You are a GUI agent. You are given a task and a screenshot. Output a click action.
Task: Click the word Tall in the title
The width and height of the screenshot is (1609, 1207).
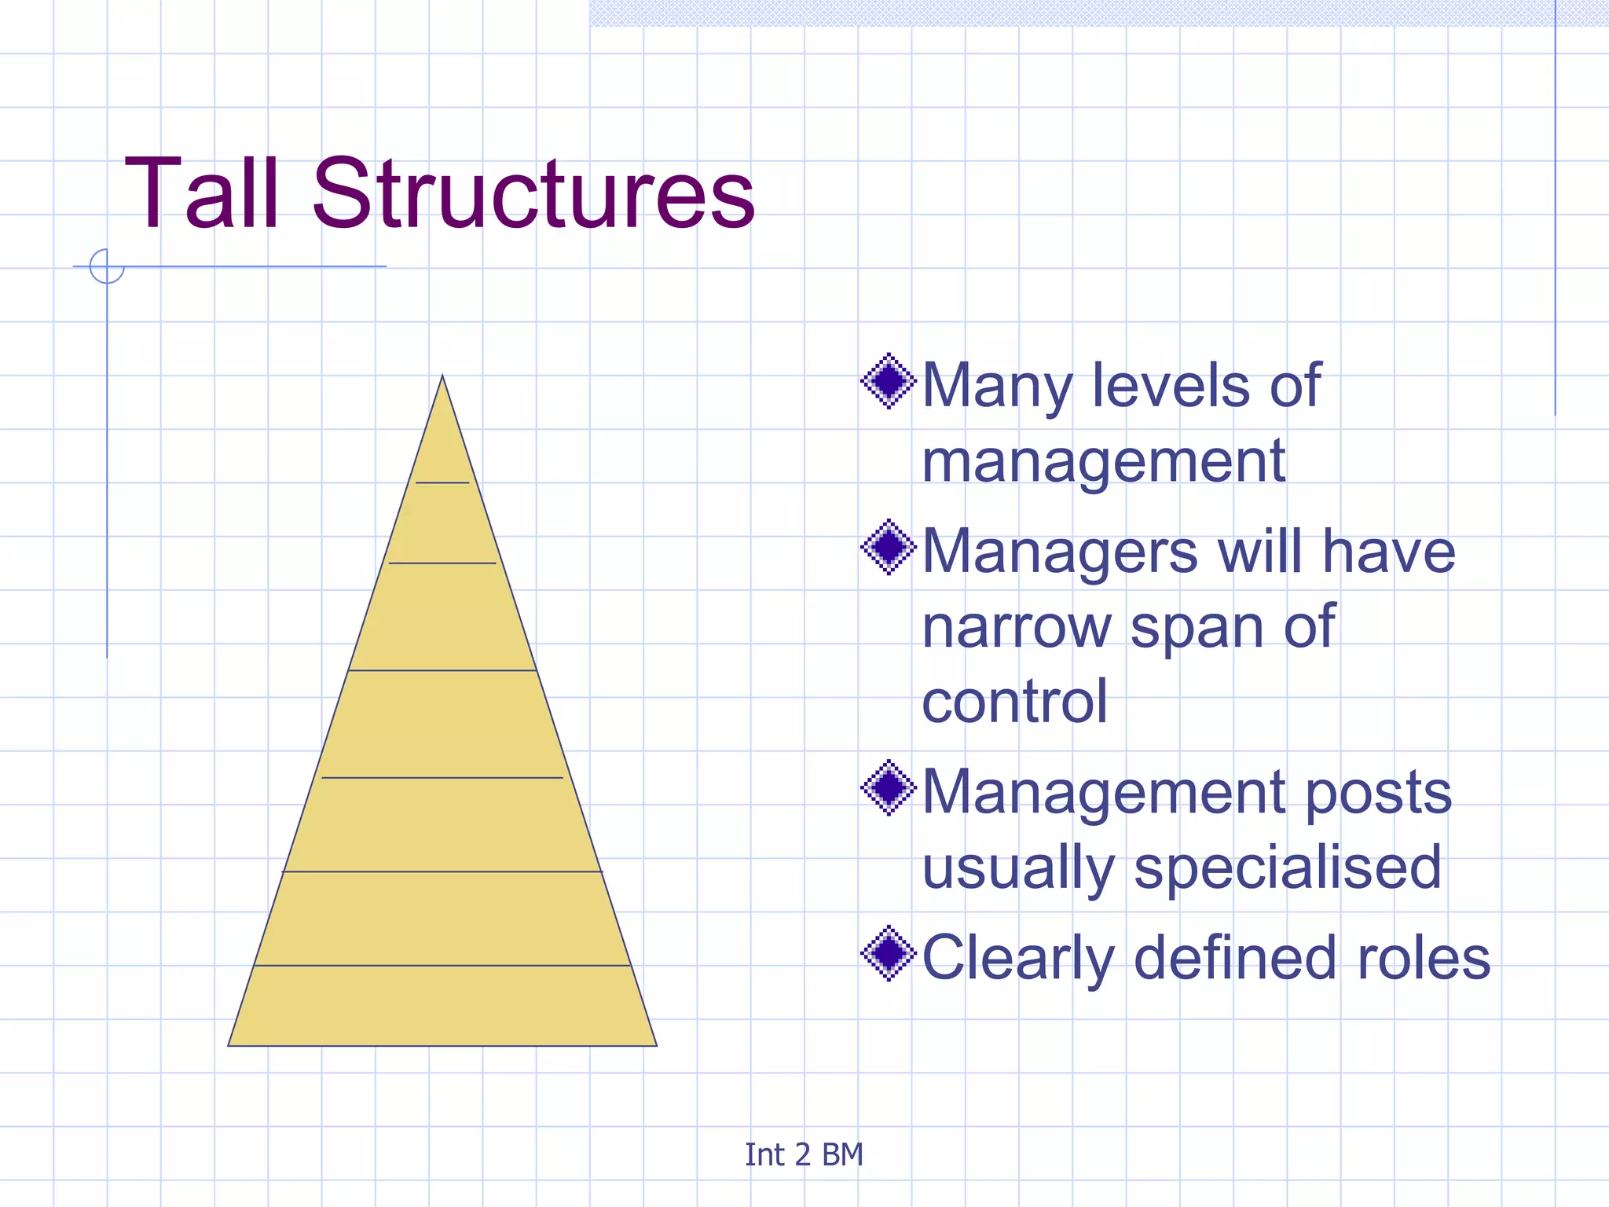tap(201, 194)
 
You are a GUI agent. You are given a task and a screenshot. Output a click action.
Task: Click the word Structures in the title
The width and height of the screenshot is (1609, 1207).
tap(533, 194)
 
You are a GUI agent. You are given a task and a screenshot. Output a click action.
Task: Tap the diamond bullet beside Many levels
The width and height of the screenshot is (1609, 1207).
tap(889, 381)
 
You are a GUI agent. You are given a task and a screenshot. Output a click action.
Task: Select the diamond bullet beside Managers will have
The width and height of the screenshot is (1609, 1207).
tap(889, 547)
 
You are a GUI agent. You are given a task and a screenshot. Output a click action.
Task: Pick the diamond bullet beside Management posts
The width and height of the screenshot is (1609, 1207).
tap(889, 787)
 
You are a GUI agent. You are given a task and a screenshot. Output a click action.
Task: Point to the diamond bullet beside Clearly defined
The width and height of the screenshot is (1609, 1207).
tap(889, 953)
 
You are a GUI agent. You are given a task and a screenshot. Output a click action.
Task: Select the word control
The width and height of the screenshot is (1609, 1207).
tap(1014, 701)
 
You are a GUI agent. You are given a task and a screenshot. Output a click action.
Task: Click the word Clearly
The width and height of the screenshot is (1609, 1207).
tap(1018, 958)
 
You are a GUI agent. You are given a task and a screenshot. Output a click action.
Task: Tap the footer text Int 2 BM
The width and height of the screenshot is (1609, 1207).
tap(804, 1154)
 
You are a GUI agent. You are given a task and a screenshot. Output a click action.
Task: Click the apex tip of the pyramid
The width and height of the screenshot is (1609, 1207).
tap(442, 376)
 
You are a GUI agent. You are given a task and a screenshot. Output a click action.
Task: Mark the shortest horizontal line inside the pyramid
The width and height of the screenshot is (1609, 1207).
tap(442, 482)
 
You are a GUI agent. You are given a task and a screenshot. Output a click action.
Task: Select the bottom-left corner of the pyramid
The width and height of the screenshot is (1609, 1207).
tap(229, 1045)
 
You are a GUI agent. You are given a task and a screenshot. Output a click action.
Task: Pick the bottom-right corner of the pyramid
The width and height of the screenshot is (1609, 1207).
tap(656, 1045)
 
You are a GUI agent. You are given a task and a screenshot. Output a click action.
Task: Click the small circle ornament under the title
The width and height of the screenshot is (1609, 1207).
tap(107, 266)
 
